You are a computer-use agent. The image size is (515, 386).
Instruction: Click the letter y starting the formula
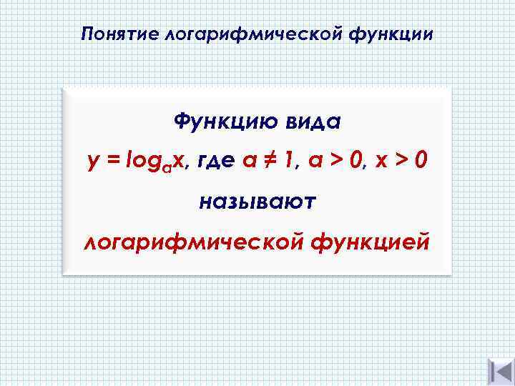[x=92, y=164]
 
